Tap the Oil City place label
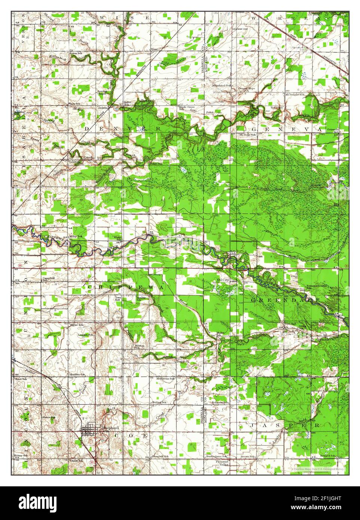click(x=223, y=279)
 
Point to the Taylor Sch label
click(x=76, y=325)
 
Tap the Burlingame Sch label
click(x=216, y=456)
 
